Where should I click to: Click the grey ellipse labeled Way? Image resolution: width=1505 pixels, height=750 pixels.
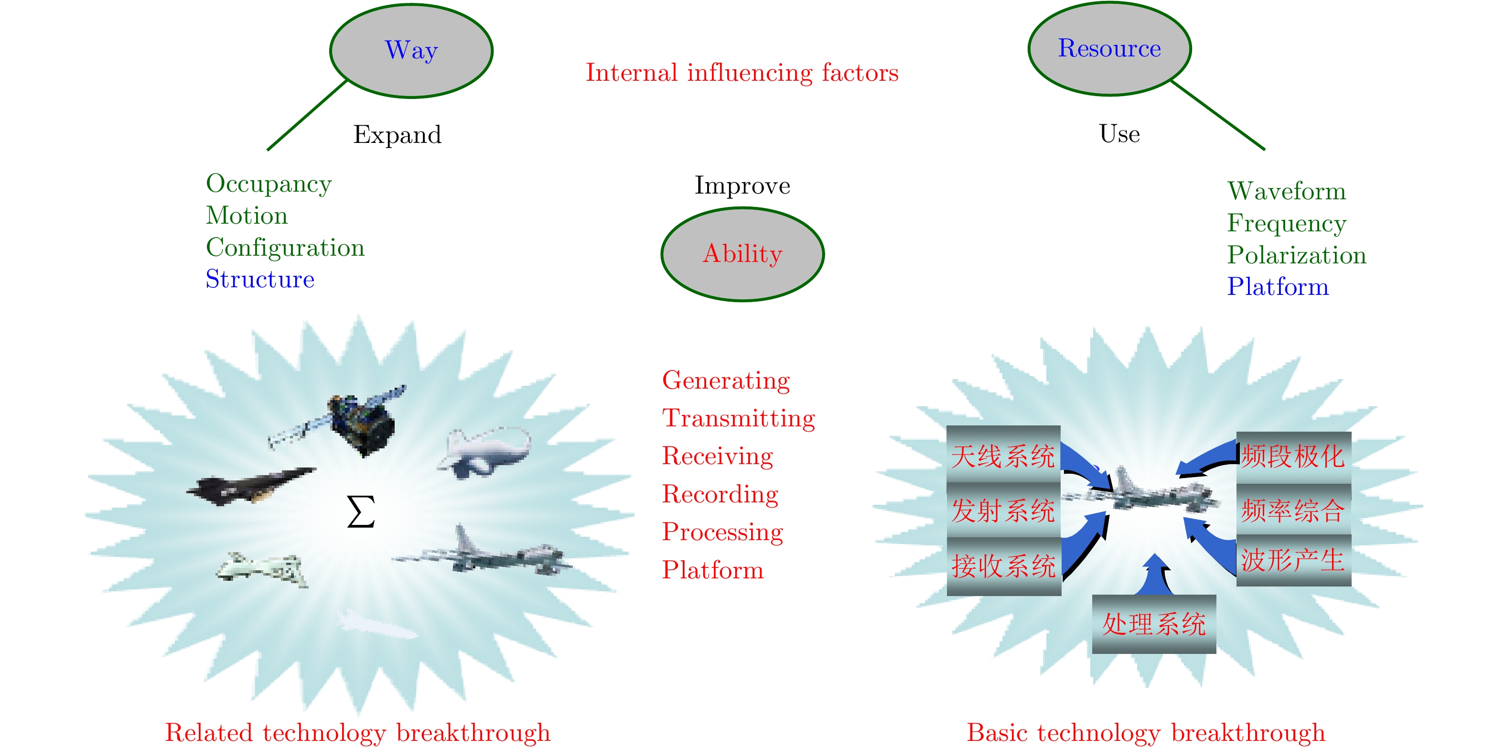click(411, 51)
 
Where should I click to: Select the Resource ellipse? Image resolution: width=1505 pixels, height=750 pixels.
click(1109, 49)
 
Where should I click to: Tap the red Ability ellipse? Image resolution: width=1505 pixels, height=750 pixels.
click(742, 254)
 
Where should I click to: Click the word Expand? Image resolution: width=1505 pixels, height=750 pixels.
click(398, 135)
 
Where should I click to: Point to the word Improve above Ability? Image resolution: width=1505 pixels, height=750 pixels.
click(742, 186)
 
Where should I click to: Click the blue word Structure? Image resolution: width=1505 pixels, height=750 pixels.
click(260, 280)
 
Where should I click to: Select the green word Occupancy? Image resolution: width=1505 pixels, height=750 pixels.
click(269, 184)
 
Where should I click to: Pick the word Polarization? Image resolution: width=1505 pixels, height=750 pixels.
click(1296, 255)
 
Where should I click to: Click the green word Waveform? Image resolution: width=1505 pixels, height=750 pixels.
click(1287, 192)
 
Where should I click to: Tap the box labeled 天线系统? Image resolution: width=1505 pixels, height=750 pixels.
click(1003, 455)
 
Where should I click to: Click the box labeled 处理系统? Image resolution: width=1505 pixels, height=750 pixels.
click(1153, 624)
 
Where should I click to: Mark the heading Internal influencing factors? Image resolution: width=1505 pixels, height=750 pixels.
click(742, 73)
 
